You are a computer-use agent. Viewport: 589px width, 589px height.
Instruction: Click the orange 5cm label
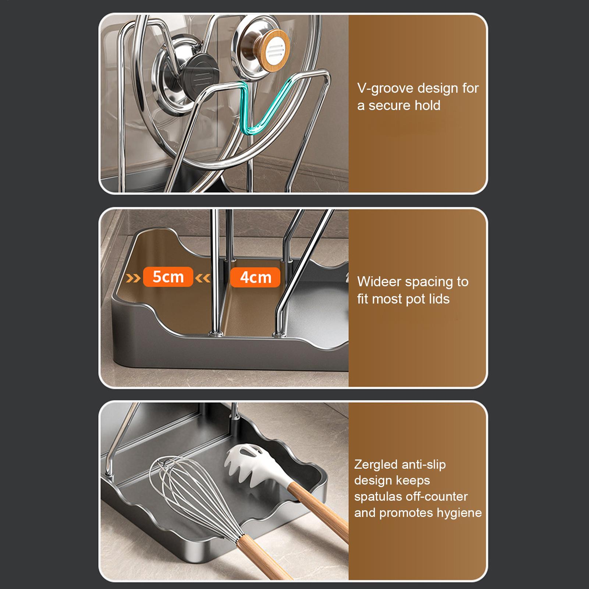(x=168, y=277)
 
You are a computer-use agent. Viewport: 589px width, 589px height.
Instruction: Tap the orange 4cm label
(x=255, y=277)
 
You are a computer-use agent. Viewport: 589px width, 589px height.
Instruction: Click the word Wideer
(x=379, y=282)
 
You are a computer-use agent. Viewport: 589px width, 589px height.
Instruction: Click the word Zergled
(x=376, y=465)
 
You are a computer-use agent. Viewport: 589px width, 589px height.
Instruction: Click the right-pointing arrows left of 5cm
(x=133, y=277)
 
